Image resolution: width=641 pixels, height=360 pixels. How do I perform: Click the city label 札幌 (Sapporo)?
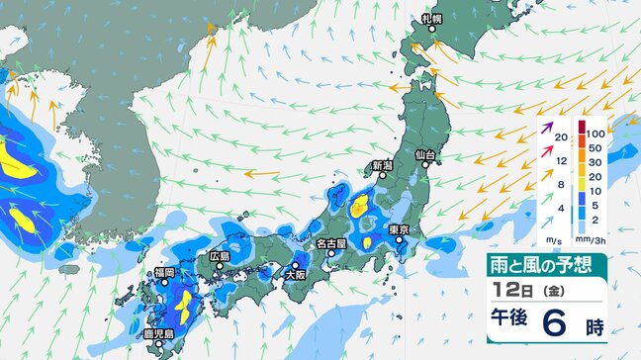point(430,19)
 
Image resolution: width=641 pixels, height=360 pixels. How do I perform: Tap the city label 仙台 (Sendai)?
point(425,155)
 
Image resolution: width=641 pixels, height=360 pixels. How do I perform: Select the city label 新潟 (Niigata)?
point(383,165)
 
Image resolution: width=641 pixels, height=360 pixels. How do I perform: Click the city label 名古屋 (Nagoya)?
point(330,242)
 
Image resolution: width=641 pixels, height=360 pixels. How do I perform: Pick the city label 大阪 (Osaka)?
point(294,278)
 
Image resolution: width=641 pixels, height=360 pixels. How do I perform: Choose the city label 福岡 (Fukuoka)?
point(164,272)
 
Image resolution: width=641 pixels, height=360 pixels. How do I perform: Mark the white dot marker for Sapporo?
point(431,30)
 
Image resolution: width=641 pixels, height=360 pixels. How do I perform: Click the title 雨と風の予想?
point(545,264)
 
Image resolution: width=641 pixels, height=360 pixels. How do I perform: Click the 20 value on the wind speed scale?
point(561,136)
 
